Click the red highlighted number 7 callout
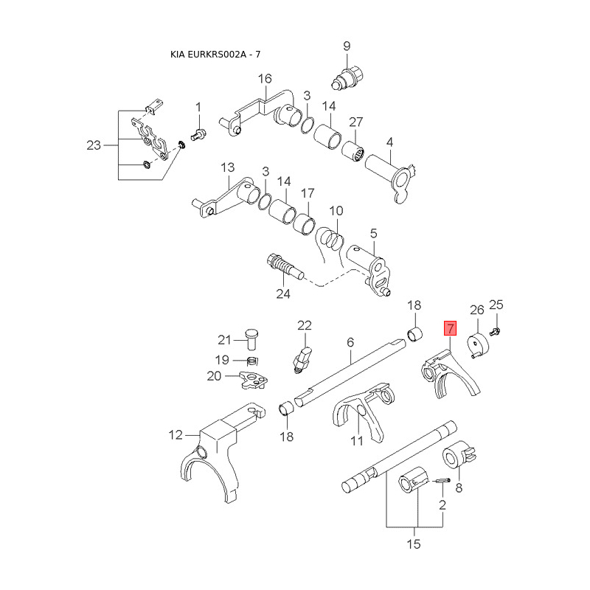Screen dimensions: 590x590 (450, 328)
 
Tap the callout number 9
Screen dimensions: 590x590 (347, 47)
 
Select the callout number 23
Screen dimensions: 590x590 (93, 145)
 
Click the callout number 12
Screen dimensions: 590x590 (176, 435)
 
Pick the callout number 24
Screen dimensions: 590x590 (283, 294)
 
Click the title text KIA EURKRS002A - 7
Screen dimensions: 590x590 (216, 55)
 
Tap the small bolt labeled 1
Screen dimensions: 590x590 (198, 134)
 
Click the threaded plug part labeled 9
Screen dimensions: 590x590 (346, 75)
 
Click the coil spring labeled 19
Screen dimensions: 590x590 (251, 361)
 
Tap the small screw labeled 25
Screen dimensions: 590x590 (496, 331)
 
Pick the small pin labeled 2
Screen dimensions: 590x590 (442, 481)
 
